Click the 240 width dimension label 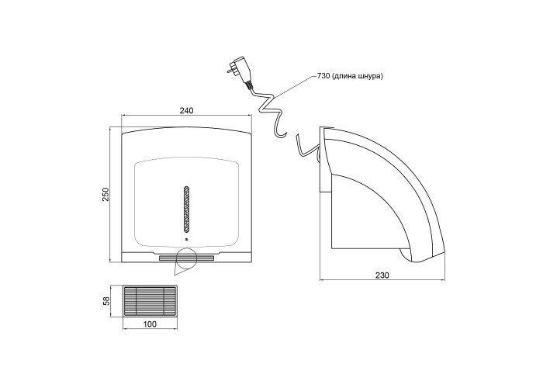[186, 110]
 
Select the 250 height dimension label [105, 195]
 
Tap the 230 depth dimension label [382, 275]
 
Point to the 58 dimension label [106, 301]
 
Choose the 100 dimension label [150, 324]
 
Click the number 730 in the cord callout [323, 76]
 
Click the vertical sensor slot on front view [187, 209]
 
